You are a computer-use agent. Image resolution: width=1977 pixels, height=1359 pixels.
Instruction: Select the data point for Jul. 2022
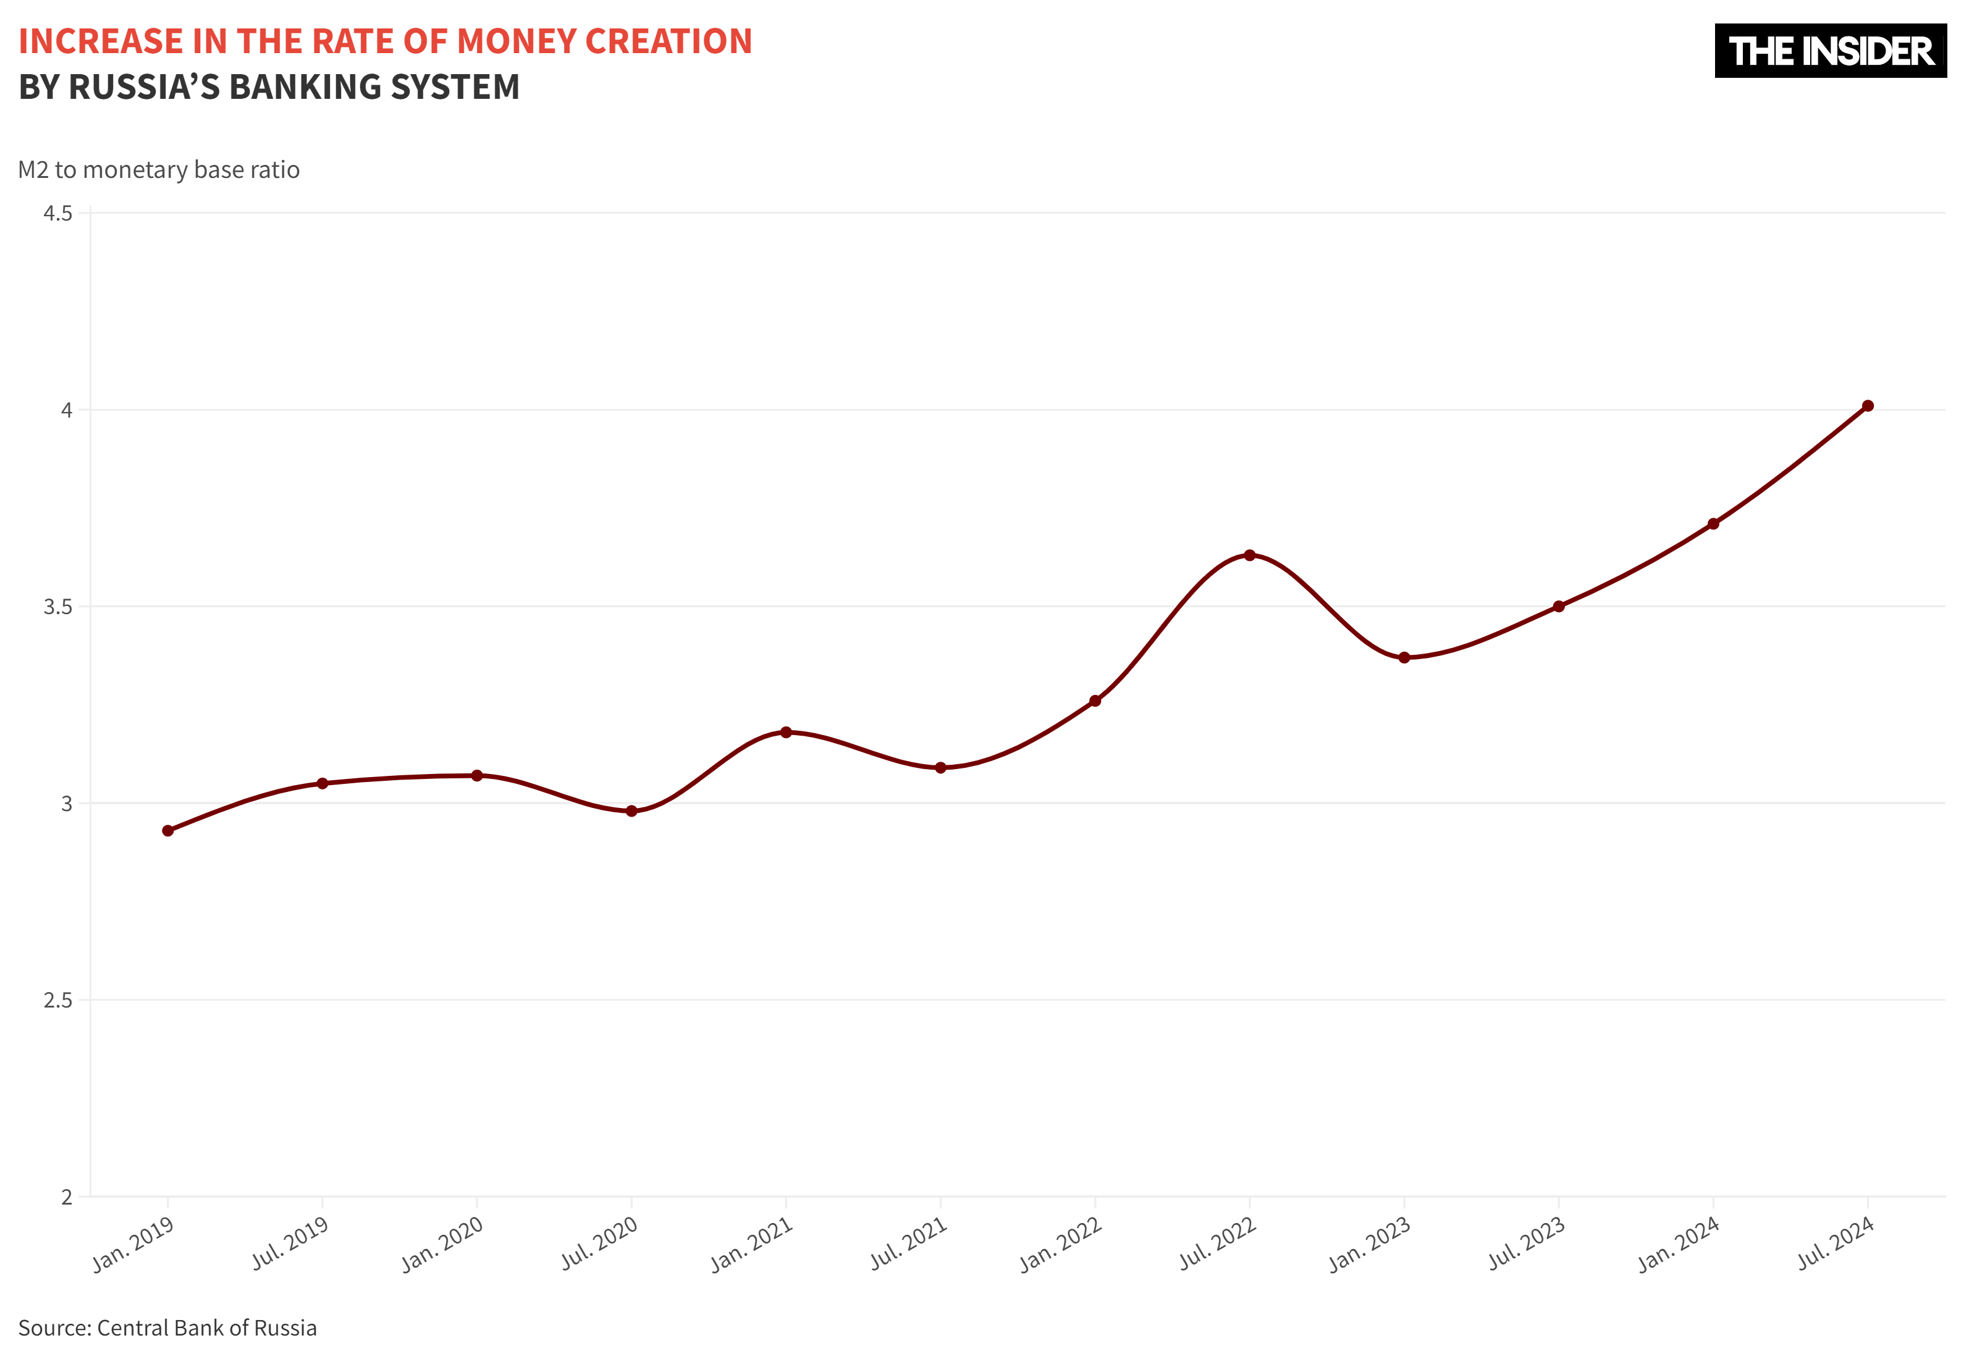pyautogui.click(x=1249, y=555)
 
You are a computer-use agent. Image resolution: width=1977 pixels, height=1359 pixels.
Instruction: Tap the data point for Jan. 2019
pyautogui.click(x=167, y=830)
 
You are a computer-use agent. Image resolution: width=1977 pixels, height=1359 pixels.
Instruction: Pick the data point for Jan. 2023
pyautogui.click(x=1404, y=657)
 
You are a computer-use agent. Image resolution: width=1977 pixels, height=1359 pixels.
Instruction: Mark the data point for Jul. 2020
pyautogui.click(x=631, y=810)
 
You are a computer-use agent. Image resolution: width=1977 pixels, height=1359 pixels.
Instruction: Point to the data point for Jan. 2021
pyautogui.click(x=786, y=732)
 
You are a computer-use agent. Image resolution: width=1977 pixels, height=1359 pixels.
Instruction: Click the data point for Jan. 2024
pyautogui.click(x=1713, y=524)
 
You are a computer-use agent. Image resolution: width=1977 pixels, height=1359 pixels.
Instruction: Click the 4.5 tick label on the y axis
pyautogui.click(x=58, y=213)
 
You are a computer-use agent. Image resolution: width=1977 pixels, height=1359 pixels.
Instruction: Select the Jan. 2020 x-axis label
pyautogui.click(x=443, y=1243)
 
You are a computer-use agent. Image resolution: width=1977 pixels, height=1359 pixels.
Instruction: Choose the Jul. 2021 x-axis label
pyautogui.click(x=908, y=1243)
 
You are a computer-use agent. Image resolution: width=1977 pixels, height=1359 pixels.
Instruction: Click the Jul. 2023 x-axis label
pyautogui.click(x=1527, y=1243)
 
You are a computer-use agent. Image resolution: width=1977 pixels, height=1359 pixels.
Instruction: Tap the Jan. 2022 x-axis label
pyautogui.click(x=1061, y=1243)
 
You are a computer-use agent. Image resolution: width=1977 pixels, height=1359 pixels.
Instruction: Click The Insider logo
pyautogui.click(x=1830, y=51)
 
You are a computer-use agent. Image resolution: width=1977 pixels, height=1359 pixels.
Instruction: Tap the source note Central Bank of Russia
pyautogui.click(x=207, y=1327)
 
